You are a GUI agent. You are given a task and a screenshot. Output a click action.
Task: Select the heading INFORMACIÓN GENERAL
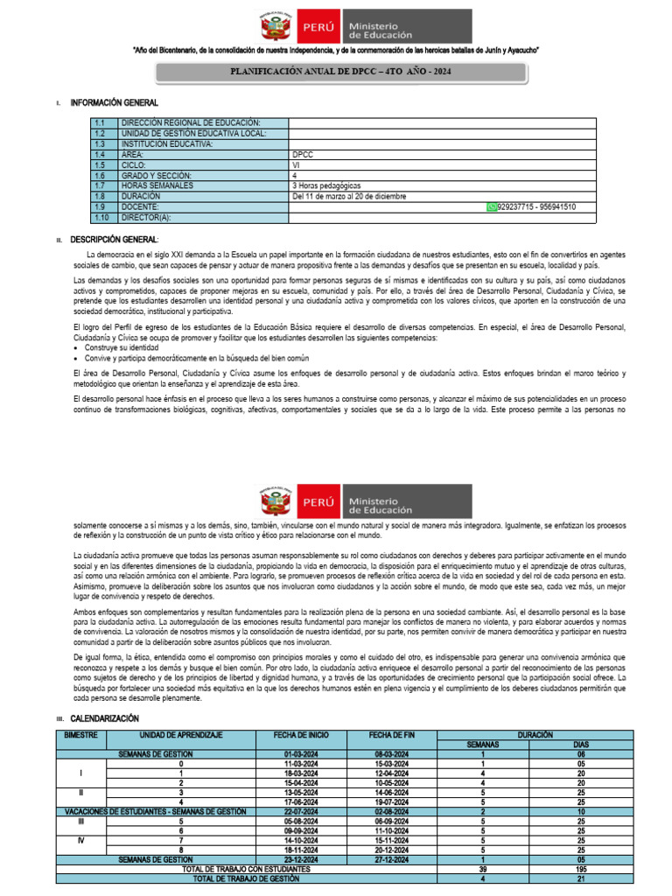115,103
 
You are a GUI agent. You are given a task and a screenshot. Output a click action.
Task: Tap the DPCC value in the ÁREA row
302,153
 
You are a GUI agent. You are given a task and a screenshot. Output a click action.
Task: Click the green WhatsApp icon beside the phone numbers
491,207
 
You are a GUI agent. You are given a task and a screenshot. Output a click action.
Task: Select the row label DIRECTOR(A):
147,218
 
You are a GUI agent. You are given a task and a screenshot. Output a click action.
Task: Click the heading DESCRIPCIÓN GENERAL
115,239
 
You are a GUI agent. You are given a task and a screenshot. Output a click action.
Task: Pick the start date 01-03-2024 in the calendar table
301,753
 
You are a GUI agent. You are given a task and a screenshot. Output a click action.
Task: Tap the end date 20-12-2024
393,849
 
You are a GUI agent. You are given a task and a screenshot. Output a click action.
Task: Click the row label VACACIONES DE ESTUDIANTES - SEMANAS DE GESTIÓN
155,811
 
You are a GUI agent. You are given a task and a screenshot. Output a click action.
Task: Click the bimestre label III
80,820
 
